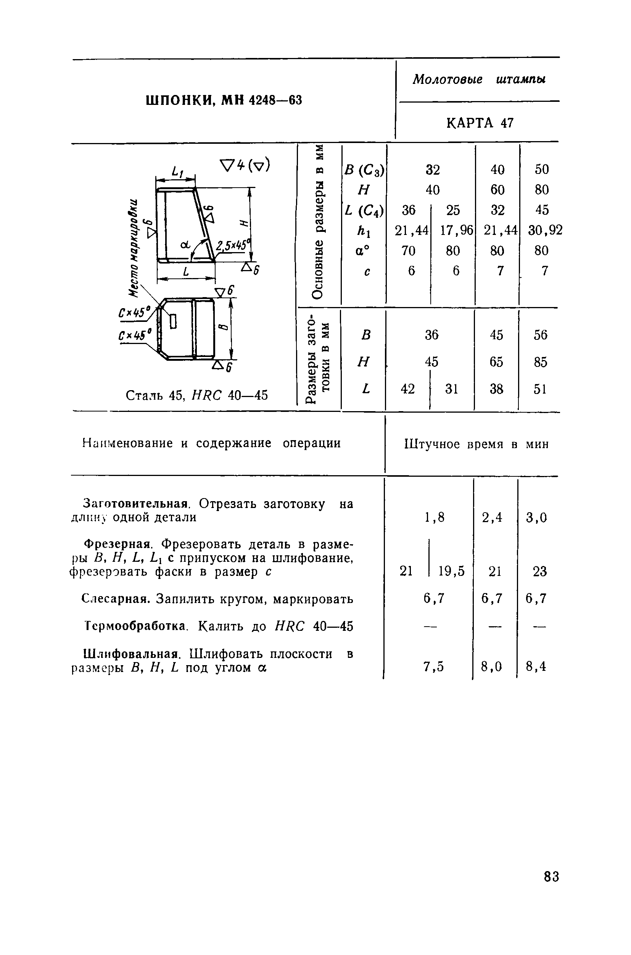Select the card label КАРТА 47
click(x=480, y=123)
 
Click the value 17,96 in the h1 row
click(x=456, y=230)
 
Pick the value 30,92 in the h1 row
click(x=545, y=230)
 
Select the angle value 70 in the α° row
click(x=408, y=251)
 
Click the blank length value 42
click(x=408, y=389)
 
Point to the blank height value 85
click(x=541, y=362)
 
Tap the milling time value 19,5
click(x=452, y=571)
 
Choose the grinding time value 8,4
click(x=536, y=667)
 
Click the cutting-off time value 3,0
click(x=536, y=517)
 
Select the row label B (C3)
click(x=364, y=170)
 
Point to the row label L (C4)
click(x=364, y=210)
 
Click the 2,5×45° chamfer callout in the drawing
click(x=233, y=245)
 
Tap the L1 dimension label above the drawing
click(x=177, y=172)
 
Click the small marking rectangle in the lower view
click(x=173, y=322)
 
